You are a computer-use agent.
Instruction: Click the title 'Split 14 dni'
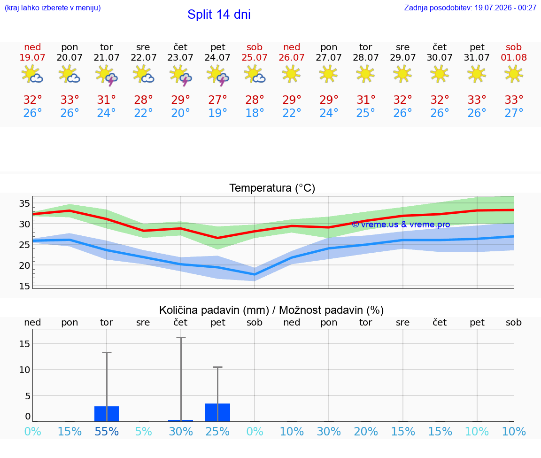[x=219, y=15]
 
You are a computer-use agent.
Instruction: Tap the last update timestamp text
[x=470, y=8]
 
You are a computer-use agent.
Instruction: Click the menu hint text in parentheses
[x=53, y=8]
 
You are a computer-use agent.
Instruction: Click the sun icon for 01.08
[x=514, y=74]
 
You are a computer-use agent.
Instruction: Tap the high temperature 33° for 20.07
[x=70, y=100]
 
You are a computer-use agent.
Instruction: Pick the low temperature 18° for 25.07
[x=255, y=113]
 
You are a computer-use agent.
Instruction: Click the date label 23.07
[x=180, y=57]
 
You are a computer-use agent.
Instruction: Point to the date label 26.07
[x=292, y=57]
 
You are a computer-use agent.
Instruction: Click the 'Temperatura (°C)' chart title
[x=272, y=188]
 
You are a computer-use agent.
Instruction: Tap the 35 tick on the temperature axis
[x=24, y=203]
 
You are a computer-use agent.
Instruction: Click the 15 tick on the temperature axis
[x=24, y=286]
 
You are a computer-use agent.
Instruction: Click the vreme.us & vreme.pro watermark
[x=401, y=225]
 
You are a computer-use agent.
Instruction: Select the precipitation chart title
[x=271, y=310]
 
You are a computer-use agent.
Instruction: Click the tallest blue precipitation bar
[x=218, y=412]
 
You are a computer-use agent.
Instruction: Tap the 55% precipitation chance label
[x=107, y=431]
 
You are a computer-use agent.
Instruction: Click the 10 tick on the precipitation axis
[x=24, y=370]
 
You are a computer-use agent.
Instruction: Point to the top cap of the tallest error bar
[x=181, y=338]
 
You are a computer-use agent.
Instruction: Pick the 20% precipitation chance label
[x=366, y=431]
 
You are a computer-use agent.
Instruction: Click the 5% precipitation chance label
[x=144, y=431]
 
